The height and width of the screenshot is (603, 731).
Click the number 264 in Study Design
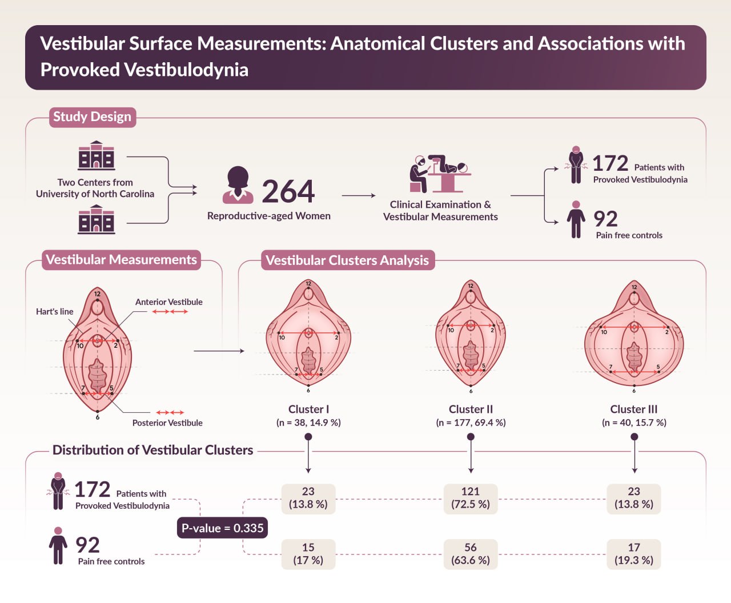(x=288, y=191)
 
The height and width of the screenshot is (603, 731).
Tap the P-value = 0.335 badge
(x=222, y=528)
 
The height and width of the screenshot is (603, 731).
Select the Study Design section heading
(x=93, y=117)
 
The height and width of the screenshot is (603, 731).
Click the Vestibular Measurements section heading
(x=121, y=260)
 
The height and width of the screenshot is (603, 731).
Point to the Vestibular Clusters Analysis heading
(x=347, y=260)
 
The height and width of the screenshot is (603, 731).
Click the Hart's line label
(x=55, y=312)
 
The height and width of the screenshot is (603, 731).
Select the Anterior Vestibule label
(x=168, y=302)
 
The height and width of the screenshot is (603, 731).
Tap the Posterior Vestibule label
(x=167, y=423)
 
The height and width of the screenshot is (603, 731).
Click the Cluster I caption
(x=308, y=409)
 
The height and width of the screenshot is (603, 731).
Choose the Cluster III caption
(x=634, y=409)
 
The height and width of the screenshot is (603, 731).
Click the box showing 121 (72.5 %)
(x=471, y=498)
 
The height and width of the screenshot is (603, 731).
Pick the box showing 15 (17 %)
(x=308, y=554)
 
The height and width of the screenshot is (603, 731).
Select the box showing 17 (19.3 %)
(x=634, y=554)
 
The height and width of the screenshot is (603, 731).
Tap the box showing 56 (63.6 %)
(x=471, y=554)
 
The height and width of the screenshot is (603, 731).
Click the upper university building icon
(x=96, y=156)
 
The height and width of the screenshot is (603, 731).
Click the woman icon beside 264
(x=238, y=185)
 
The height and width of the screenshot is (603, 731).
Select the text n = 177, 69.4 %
(x=471, y=423)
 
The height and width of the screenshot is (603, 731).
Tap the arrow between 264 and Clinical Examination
(x=359, y=195)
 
